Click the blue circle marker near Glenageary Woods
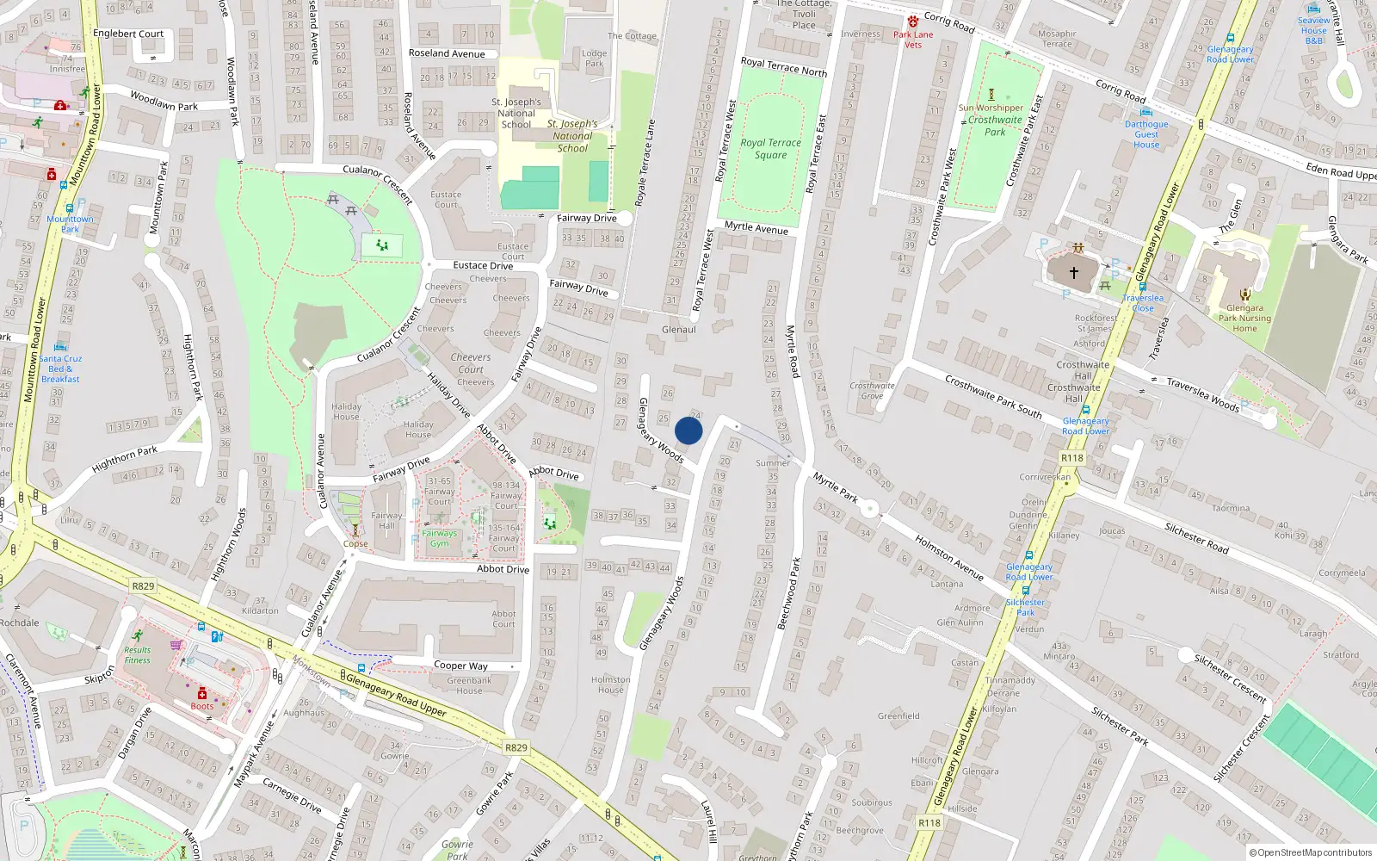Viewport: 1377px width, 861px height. click(688, 430)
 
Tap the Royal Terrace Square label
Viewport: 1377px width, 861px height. click(770, 149)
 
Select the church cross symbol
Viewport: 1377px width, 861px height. click(1074, 272)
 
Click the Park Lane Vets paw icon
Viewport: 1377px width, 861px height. click(913, 22)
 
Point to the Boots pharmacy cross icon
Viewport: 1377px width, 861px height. click(202, 694)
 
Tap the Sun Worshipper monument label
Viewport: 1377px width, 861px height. click(991, 108)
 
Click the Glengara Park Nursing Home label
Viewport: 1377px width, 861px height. click(1244, 318)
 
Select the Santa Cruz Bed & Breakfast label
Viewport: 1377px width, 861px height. click(60, 369)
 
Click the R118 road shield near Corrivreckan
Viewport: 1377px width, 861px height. click(1071, 458)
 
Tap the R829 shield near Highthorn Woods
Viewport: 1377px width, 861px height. click(143, 586)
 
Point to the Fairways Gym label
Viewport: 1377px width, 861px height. click(439, 538)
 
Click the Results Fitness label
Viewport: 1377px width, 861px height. click(137, 655)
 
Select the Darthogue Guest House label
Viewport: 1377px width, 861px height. click(1146, 134)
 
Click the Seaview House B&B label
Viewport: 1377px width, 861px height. click(1313, 30)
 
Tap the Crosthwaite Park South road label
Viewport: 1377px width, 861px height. click(993, 397)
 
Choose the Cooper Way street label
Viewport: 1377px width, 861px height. click(460, 666)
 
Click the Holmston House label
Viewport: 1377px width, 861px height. click(611, 684)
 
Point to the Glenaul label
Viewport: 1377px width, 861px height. click(679, 330)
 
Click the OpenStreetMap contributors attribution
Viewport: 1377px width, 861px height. click(1310, 853)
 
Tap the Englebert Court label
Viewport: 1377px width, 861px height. click(128, 34)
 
